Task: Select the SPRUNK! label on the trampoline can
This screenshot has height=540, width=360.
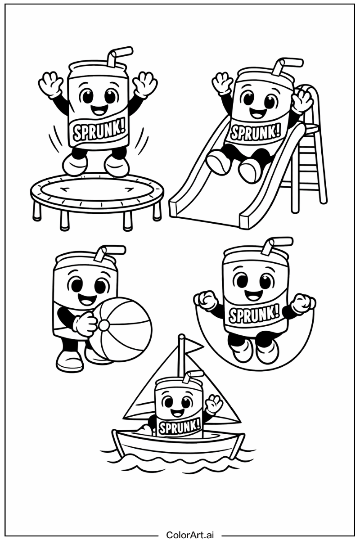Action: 99,131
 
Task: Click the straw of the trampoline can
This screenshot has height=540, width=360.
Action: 118,56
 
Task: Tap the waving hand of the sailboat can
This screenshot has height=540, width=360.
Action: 214,404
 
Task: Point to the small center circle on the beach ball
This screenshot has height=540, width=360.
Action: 104,325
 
